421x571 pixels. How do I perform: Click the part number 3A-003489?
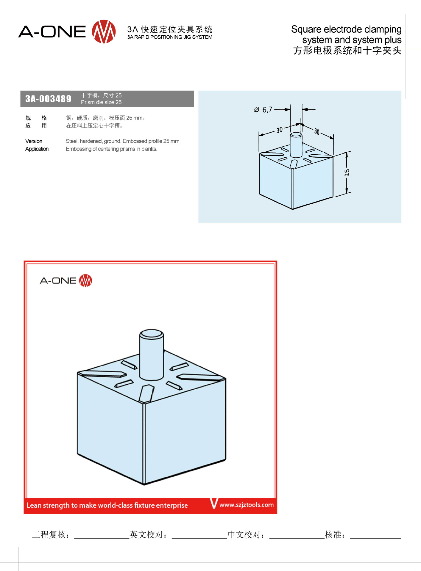click(48, 99)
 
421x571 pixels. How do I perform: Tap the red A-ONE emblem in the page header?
click(104, 32)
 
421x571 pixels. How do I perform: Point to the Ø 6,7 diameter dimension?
click(263, 110)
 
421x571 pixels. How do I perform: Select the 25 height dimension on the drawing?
click(347, 173)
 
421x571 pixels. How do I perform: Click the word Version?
click(34, 141)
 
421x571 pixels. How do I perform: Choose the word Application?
click(37, 149)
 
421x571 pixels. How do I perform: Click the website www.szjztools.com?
click(247, 505)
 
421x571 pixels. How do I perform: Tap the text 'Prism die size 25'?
click(101, 102)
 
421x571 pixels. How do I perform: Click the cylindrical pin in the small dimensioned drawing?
click(296, 145)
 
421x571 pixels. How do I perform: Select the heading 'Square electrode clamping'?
click(346, 29)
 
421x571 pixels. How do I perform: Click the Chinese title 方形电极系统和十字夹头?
click(347, 51)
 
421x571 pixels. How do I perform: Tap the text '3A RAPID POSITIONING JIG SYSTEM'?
click(170, 37)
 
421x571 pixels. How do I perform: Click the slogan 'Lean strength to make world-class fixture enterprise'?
click(107, 505)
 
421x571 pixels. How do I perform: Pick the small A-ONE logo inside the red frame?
click(66, 280)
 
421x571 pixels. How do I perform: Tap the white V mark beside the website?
click(214, 503)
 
